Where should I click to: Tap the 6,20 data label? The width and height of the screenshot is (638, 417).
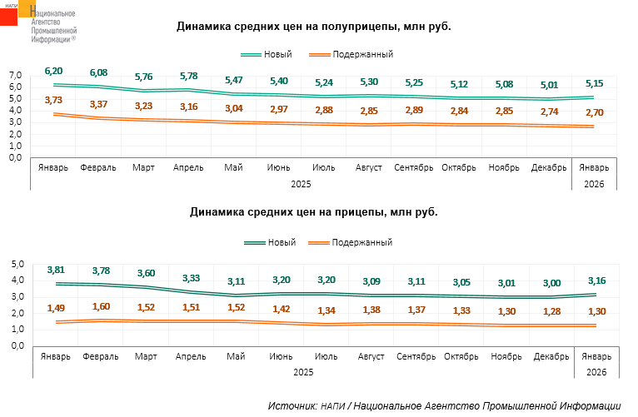coord(54,71)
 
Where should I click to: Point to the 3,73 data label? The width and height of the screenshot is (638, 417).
coord(54,100)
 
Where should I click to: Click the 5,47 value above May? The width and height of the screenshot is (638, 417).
coord(234,80)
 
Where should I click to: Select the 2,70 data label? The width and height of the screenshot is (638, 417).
coord(594,112)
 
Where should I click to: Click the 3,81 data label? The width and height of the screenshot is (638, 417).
coord(56,270)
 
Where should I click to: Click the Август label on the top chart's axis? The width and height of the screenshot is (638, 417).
coord(368,167)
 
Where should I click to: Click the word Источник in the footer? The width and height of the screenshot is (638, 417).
coord(292,405)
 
